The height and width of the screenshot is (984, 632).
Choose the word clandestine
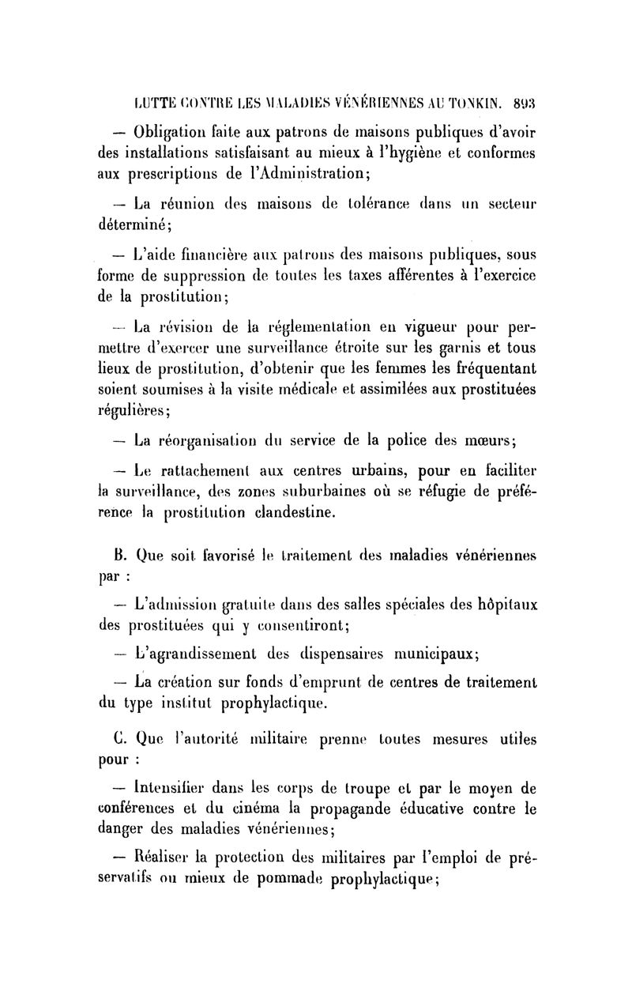[x=330, y=512]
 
